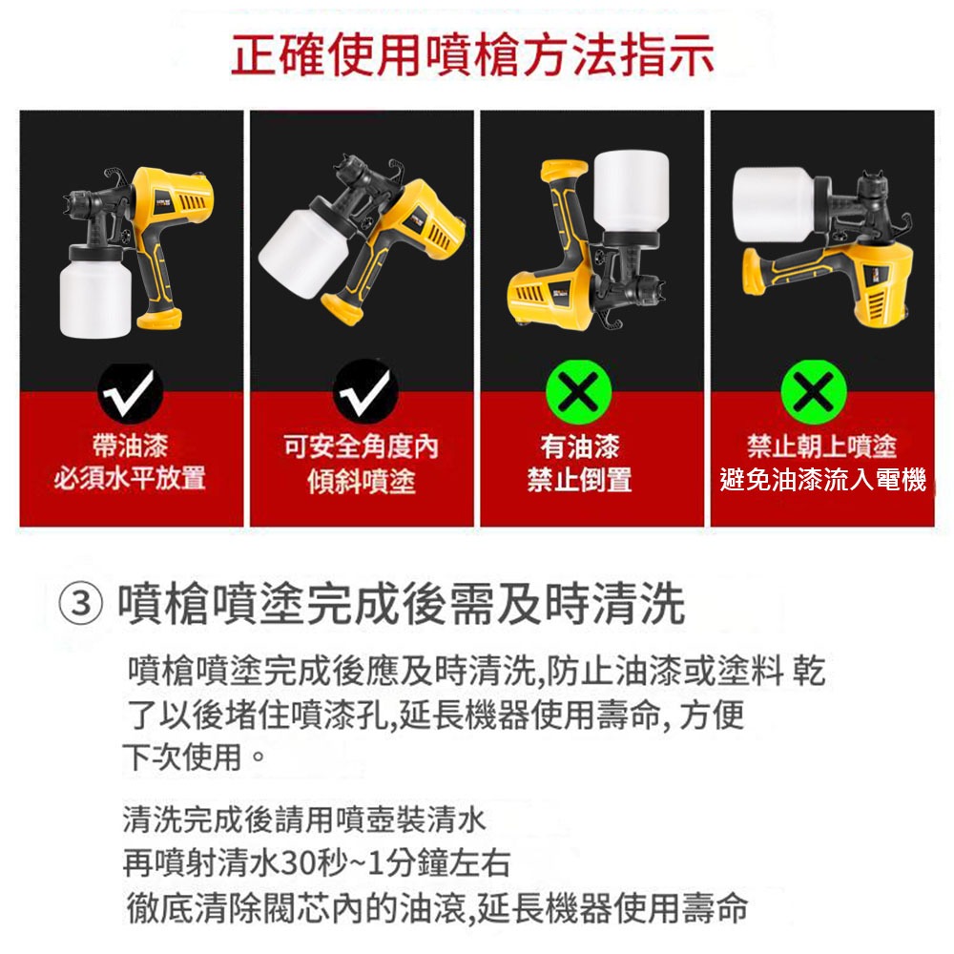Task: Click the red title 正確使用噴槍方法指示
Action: (x=473, y=55)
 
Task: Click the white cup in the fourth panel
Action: (x=773, y=202)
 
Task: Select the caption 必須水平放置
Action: (x=130, y=478)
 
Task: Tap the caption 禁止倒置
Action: (x=579, y=479)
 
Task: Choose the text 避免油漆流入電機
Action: (x=822, y=480)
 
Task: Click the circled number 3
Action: (x=80, y=605)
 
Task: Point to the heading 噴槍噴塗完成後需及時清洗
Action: (x=401, y=605)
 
